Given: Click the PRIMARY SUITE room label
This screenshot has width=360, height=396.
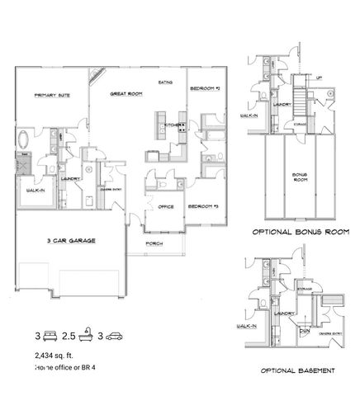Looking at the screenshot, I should (51, 96).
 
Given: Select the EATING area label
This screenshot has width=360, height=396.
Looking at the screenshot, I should (165, 83).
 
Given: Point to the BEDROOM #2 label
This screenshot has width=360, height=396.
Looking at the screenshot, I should (204, 88).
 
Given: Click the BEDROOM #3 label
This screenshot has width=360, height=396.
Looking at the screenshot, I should (201, 206).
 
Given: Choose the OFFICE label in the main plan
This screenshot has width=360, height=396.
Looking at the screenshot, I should (165, 207).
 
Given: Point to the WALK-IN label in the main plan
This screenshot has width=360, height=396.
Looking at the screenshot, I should (36, 190).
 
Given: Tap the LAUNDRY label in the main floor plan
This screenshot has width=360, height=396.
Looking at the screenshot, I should (69, 178).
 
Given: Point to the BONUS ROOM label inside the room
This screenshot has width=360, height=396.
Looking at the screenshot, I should (299, 178).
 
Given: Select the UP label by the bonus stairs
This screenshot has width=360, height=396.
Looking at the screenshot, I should (320, 79).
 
